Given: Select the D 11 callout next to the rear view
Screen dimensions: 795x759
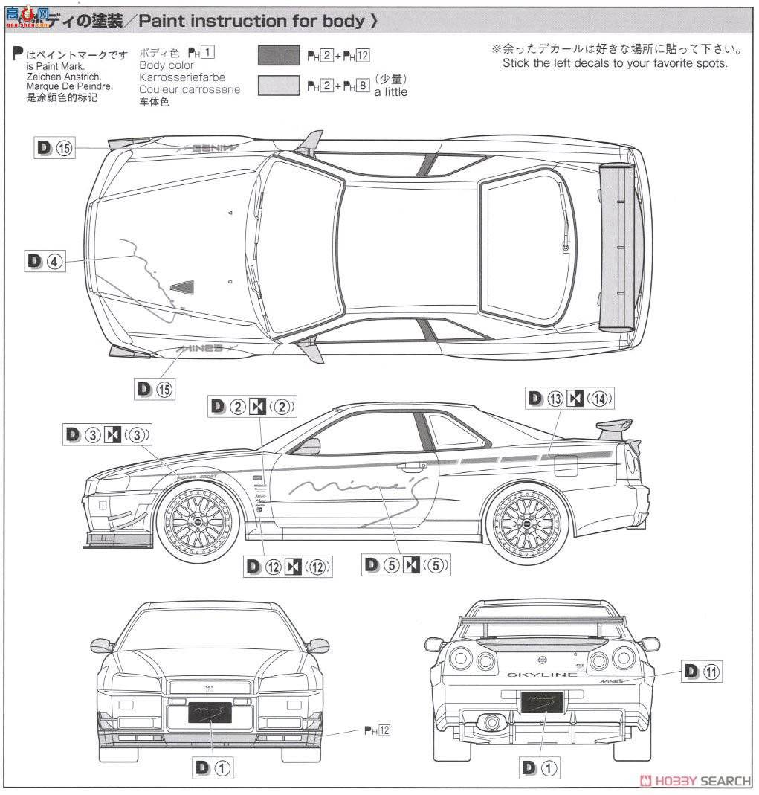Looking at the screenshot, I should (x=702, y=672).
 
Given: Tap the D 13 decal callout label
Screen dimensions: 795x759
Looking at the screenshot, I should (x=570, y=399).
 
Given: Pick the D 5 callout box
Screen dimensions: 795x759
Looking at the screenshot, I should (x=407, y=565).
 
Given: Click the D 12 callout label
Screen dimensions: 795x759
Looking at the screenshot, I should (x=288, y=567).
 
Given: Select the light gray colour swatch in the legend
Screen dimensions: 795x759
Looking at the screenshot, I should (x=279, y=86).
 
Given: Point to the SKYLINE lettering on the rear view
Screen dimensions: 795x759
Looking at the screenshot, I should (x=541, y=675).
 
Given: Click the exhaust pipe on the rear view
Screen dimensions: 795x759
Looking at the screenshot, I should (x=490, y=721).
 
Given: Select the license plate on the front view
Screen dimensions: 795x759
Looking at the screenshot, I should (x=210, y=713).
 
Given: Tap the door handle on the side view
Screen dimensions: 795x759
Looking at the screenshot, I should (x=407, y=467).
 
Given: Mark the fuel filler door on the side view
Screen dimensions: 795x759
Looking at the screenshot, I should (x=566, y=465).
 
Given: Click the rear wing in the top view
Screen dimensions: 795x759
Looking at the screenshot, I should (x=616, y=245).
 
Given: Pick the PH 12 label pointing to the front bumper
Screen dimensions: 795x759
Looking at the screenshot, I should (x=377, y=731).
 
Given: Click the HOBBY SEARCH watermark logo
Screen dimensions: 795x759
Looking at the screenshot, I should (x=695, y=780).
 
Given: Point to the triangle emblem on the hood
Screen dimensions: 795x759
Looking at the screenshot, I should (x=182, y=286).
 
